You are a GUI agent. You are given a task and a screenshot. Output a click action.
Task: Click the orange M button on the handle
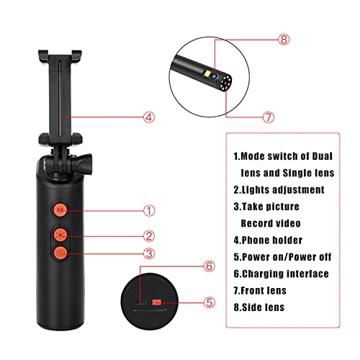point(61,211)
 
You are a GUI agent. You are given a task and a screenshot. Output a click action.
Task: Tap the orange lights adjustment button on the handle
point(61,235)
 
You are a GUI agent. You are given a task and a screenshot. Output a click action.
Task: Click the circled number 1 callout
point(149,211)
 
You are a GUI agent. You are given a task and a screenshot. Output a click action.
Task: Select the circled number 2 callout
point(149,235)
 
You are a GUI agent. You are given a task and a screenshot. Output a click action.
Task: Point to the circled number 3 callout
point(149,253)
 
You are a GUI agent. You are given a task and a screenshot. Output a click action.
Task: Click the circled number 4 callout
point(149,115)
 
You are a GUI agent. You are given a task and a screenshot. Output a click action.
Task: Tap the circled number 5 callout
point(210,303)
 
